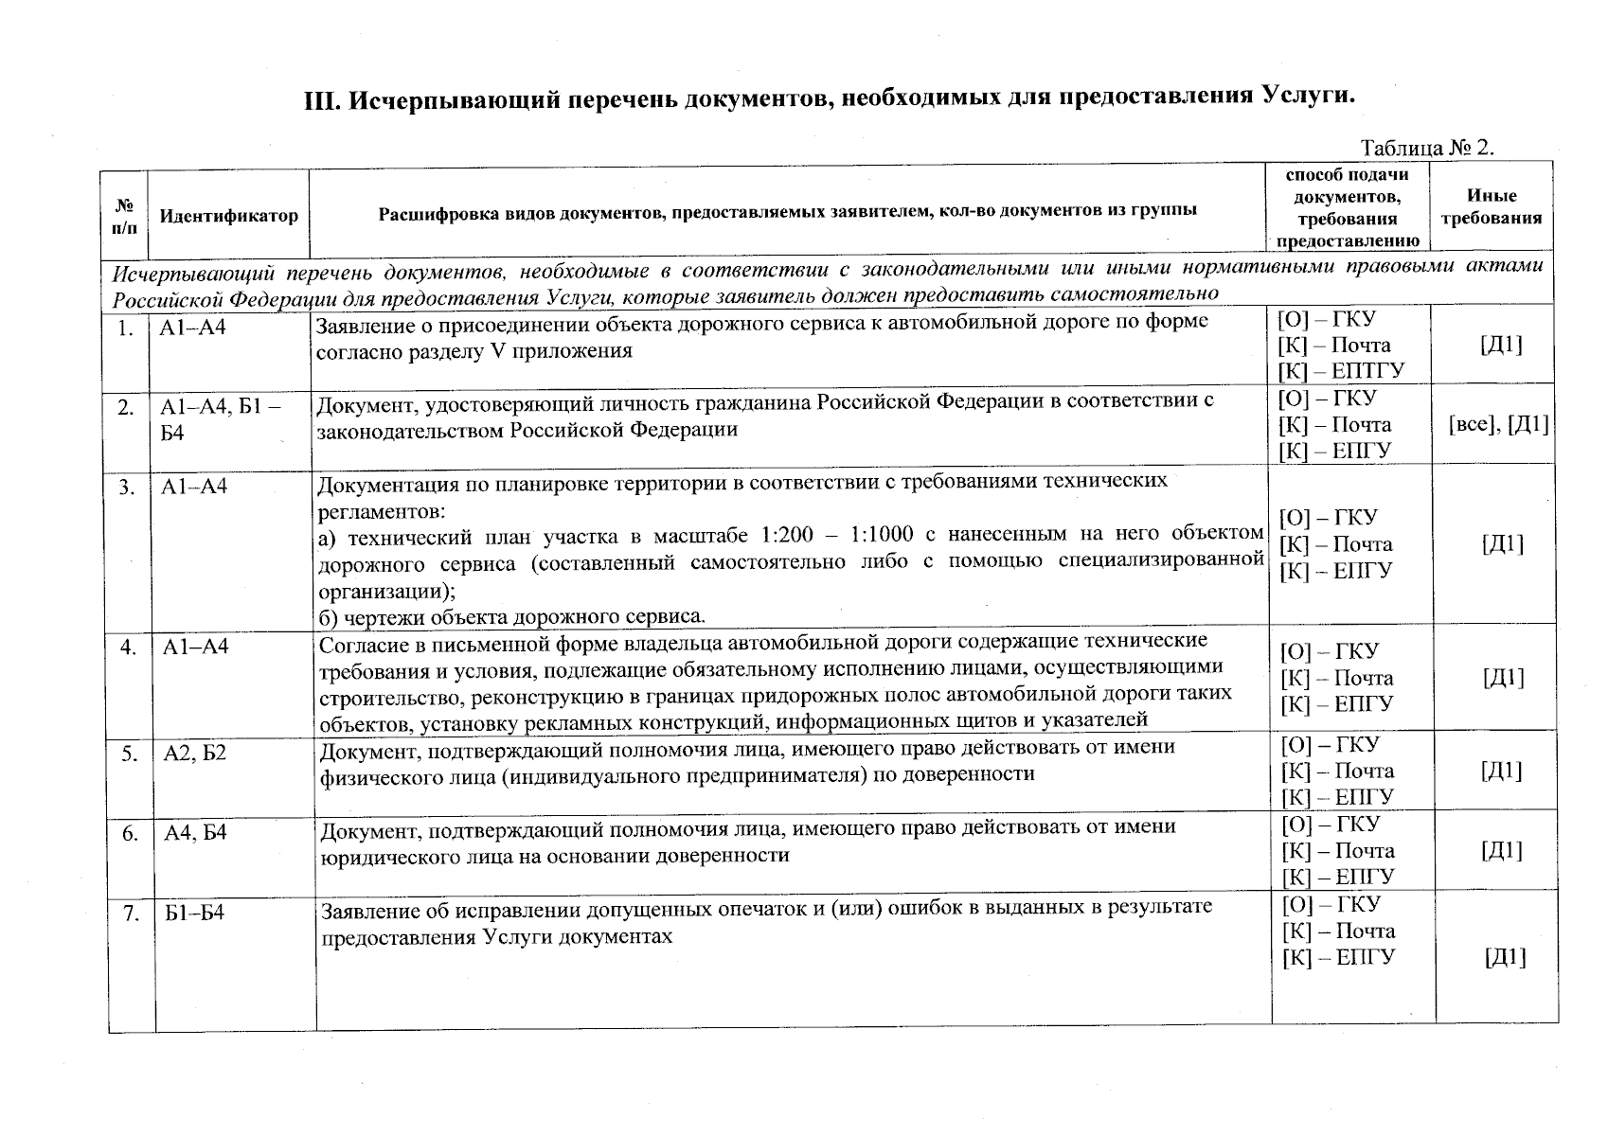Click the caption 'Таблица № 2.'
pyautogui.click(x=1426, y=148)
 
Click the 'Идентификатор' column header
pyautogui.click(x=228, y=216)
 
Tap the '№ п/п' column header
pyautogui.click(x=125, y=216)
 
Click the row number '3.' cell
pyautogui.click(x=126, y=488)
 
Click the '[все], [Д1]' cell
pyautogui.click(x=1498, y=425)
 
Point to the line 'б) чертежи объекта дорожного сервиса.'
pyautogui.click(x=511, y=617)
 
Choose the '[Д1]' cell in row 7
pyautogui.click(x=1505, y=958)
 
